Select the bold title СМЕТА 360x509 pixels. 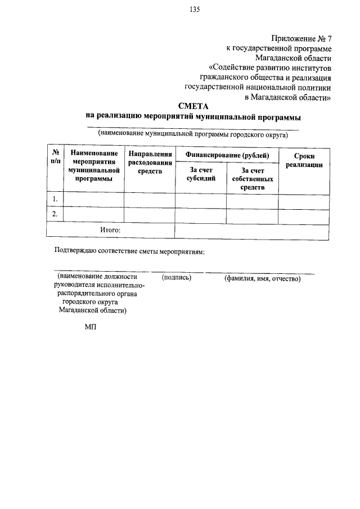pyautogui.click(x=194, y=105)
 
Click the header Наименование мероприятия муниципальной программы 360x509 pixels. pyautogui.click(x=94, y=166)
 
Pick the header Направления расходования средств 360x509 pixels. pyautogui.click(x=150, y=163)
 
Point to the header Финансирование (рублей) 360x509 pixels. pyautogui.click(x=227, y=155)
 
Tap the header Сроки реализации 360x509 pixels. pyautogui.click(x=304, y=160)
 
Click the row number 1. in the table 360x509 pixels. pyautogui.click(x=55, y=199)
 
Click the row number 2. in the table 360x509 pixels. pyautogui.click(x=55, y=214)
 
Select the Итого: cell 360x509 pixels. pyautogui.click(x=110, y=229)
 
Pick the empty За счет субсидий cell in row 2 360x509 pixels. pyautogui.click(x=201, y=215)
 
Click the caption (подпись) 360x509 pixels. pyautogui.click(x=177, y=278)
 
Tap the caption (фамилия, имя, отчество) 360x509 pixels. pyautogui.click(x=263, y=278)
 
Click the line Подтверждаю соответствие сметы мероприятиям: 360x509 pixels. pyautogui.click(x=129, y=251)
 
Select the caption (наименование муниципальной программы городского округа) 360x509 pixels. pyautogui.click(x=192, y=134)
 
